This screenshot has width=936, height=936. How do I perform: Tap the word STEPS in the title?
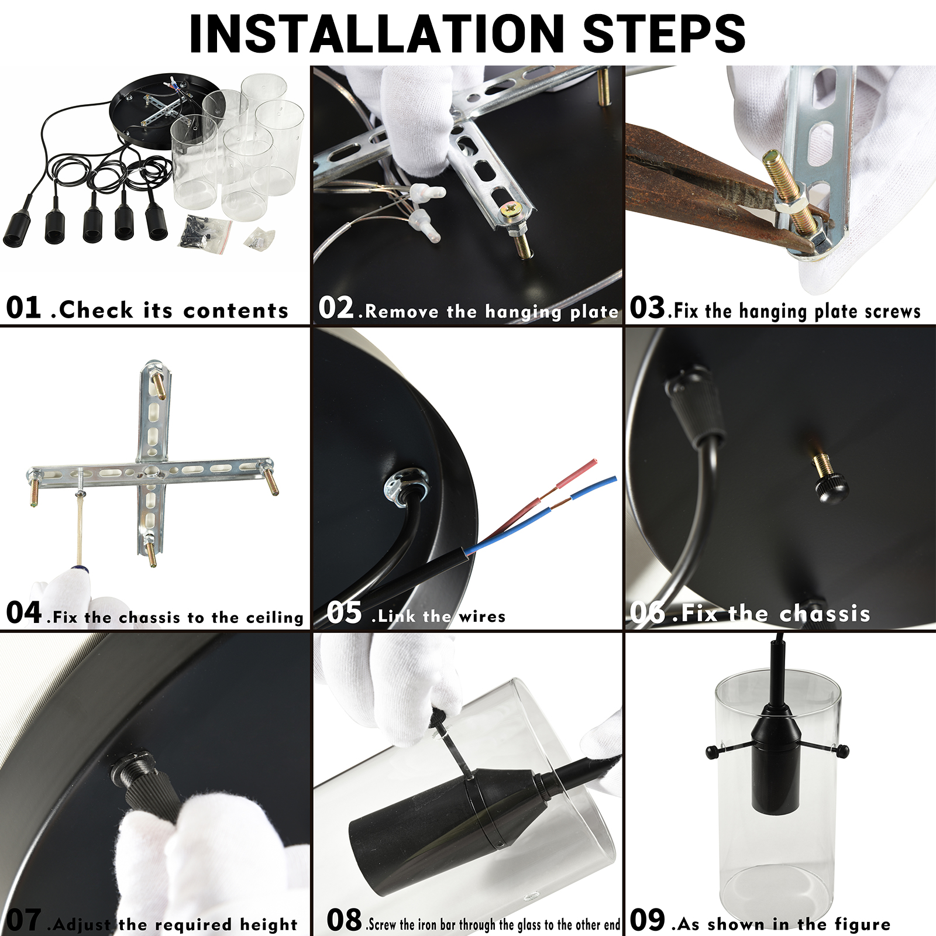(665, 33)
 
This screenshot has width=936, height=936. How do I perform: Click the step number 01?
(23, 308)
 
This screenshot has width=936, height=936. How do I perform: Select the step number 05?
(344, 612)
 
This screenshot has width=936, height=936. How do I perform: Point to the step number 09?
(648, 919)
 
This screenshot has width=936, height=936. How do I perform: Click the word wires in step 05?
(482, 617)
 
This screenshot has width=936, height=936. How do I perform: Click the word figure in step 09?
(862, 924)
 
